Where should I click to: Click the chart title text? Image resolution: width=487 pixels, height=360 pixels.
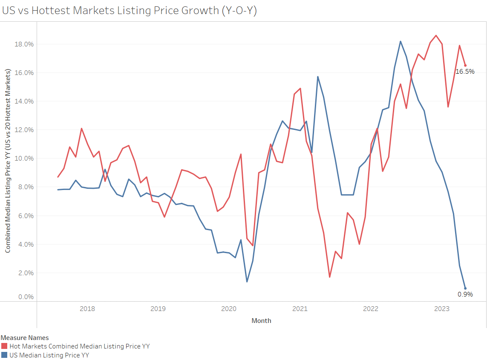[x=130, y=11]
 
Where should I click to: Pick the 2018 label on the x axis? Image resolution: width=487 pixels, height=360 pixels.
[x=87, y=309]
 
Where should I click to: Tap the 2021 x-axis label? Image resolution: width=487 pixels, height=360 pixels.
[x=300, y=309]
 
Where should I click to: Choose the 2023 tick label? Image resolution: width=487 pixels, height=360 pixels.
[x=442, y=309]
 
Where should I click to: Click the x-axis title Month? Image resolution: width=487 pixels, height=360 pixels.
[x=261, y=320]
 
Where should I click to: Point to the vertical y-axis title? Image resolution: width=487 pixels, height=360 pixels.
[x=8, y=161]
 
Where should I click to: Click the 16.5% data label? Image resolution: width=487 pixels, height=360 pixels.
[x=465, y=72]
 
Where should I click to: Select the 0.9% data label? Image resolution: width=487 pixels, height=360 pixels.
[x=465, y=294]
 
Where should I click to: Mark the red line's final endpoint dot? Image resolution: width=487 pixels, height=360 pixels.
[x=465, y=65]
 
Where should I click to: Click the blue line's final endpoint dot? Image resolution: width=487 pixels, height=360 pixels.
[x=465, y=288]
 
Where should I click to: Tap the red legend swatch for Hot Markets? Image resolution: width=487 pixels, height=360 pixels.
[x=4, y=346]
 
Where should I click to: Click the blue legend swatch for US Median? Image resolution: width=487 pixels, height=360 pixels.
[x=4, y=355]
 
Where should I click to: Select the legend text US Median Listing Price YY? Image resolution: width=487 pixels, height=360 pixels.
[x=49, y=355]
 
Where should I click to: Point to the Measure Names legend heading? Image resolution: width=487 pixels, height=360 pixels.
[x=24, y=338]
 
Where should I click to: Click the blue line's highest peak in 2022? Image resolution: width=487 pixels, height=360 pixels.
[x=401, y=41]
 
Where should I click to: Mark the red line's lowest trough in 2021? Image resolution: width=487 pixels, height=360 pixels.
[x=330, y=277]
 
